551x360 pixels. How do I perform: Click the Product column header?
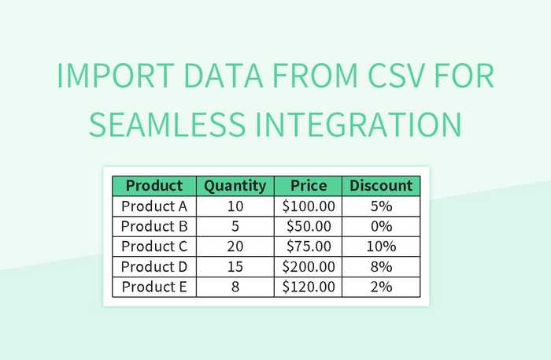154,186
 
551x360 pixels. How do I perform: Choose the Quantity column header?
235,186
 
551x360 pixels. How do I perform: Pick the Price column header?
308,186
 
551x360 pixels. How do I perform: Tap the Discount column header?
381,186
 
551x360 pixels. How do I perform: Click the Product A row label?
154,206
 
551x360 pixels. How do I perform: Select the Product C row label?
154,247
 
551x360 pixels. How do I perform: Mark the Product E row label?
154,287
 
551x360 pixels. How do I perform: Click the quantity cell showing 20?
235,247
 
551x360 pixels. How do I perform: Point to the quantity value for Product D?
235,267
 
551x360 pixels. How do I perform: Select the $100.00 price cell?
308,206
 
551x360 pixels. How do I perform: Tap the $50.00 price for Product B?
308,227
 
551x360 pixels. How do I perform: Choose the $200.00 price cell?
308,267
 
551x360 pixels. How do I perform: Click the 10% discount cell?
381,247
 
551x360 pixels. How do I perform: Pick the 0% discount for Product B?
381,227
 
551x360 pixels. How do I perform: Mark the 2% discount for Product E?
381,287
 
